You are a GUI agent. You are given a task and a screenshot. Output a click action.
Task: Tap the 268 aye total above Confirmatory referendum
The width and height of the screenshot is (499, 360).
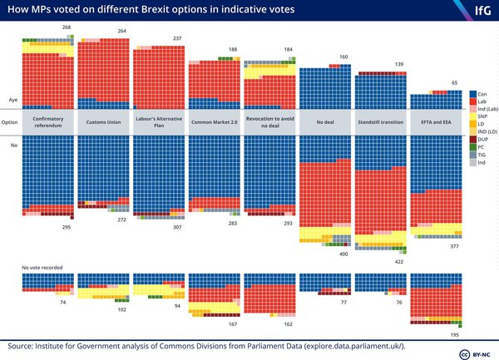[x=67, y=27]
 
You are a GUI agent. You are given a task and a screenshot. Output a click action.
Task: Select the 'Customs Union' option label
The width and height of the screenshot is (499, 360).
[x=103, y=121]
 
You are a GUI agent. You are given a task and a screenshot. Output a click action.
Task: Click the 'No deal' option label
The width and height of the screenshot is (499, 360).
[x=324, y=121]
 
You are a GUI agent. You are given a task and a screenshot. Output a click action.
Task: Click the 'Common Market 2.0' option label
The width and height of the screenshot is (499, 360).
[x=213, y=121]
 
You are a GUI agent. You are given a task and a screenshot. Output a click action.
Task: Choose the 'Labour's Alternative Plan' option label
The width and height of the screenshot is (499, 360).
[x=158, y=121]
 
